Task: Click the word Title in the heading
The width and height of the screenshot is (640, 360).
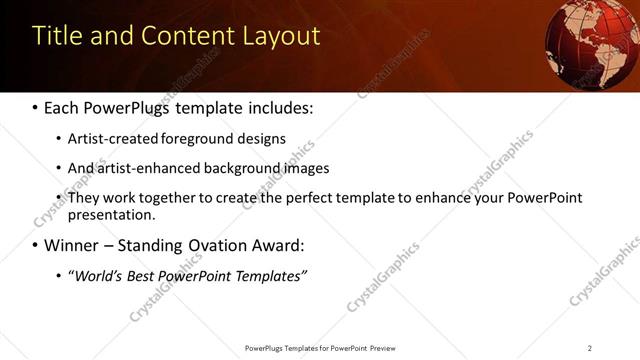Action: [x=55, y=36]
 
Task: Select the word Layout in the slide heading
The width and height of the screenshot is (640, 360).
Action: [x=281, y=36]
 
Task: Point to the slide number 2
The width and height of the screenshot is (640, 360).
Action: [x=589, y=347]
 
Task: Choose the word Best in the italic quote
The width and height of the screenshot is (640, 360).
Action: [x=148, y=275]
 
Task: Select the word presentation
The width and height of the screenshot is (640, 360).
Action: [x=111, y=214]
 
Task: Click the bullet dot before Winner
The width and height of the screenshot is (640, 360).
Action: [x=36, y=245]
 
